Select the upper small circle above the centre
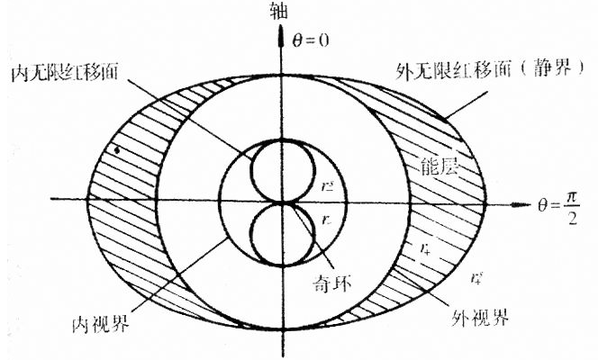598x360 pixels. (281, 170)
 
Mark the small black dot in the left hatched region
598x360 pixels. (114, 148)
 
